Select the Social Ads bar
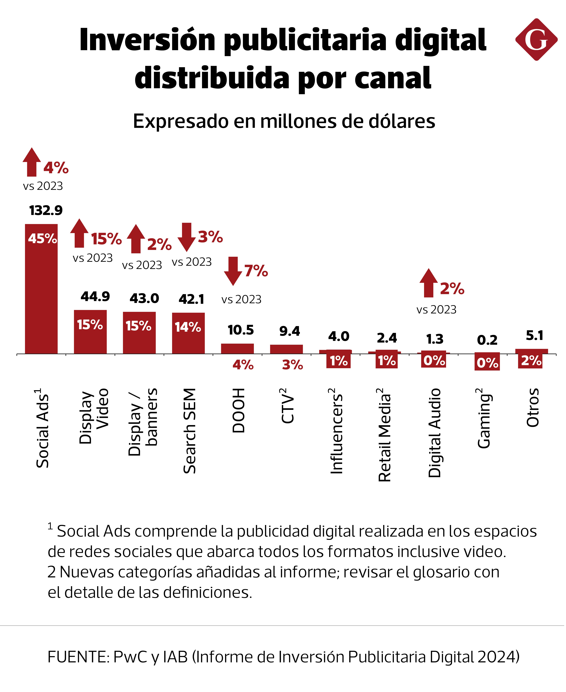41,294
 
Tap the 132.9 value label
46,210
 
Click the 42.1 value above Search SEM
191,299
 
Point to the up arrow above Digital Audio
428,283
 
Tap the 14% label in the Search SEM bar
188,327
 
